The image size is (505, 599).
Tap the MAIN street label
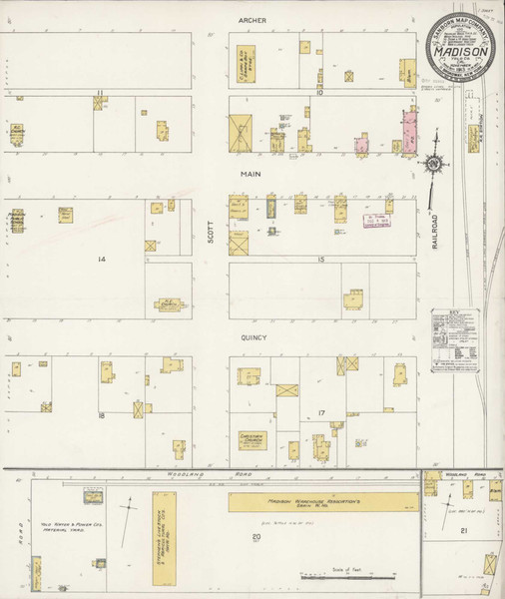click(249, 173)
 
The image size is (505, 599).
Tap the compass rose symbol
click(435, 163)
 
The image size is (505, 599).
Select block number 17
click(321, 412)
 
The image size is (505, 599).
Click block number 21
click(463, 532)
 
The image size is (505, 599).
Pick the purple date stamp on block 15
click(374, 222)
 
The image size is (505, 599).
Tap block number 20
click(256, 538)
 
